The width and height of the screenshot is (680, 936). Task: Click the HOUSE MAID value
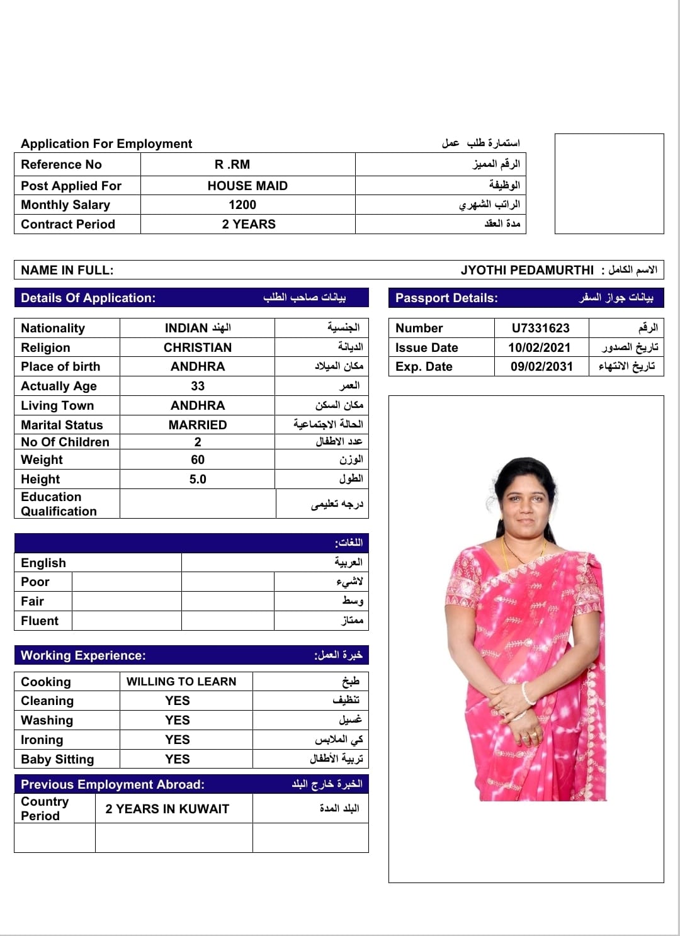click(x=247, y=186)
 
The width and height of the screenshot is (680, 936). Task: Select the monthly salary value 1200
click(x=242, y=205)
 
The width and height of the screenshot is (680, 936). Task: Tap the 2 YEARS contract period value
click(x=249, y=224)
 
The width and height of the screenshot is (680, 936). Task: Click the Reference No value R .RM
click(x=232, y=164)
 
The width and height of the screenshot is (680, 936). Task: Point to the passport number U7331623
click(x=540, y=328)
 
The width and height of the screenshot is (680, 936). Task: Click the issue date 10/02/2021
click(x=540, y=347)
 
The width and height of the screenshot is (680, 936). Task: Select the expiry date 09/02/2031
click(x=541, y=366)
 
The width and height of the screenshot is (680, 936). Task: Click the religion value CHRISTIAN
click(x=198, y=347)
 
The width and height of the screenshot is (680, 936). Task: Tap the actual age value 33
click(x=198, y=386)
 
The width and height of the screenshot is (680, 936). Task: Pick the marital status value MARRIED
click(x=198, y=425)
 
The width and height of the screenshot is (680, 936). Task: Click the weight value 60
click(x=198, y=460)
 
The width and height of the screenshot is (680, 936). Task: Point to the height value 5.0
click(x=198, y=479)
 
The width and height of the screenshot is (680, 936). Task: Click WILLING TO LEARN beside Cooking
click(x=181, y=682)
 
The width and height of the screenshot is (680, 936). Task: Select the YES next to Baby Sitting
click(x=178, y=759)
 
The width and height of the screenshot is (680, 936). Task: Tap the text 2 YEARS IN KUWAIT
click(x=167, y=809)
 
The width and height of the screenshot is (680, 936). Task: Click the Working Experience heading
click(x=83, y=655)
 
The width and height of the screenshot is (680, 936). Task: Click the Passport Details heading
click(x=446, y=298)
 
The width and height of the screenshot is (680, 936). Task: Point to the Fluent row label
click(x=40, y=621)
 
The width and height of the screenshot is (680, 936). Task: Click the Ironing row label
click(x=42, y=740)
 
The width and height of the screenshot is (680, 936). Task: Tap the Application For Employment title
click(x=106, y=144)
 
